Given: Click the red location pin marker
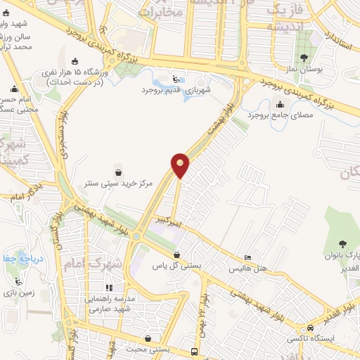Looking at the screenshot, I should coord(181,165).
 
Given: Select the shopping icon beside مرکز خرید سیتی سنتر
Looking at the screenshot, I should coord(118,171).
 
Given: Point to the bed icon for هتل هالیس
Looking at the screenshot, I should coord(247,257).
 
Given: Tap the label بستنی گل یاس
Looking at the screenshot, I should coord(177,266).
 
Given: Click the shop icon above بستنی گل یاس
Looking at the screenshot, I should coord(176,255).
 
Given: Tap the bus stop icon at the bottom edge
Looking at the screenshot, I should coord(195,352).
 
